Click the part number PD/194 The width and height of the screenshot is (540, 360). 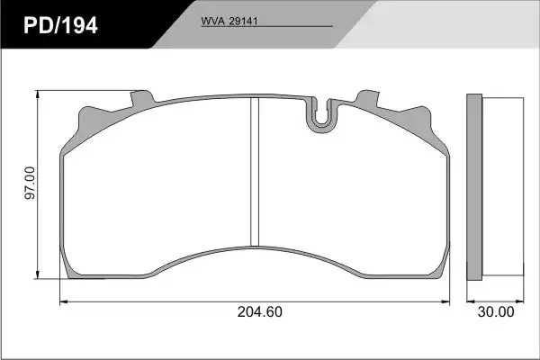(60, 25)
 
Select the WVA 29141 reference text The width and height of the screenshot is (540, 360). (229, 21)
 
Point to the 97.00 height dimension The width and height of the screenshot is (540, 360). (30, 183)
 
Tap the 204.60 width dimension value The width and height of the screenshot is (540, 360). (260, 311)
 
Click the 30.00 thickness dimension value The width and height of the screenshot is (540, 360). (496, 311)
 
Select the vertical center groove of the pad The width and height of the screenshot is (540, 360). (255, 172)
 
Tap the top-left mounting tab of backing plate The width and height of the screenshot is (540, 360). (142, 98)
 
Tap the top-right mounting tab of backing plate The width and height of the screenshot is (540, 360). (368, 98)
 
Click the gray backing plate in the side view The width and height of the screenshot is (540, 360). (474, 187)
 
